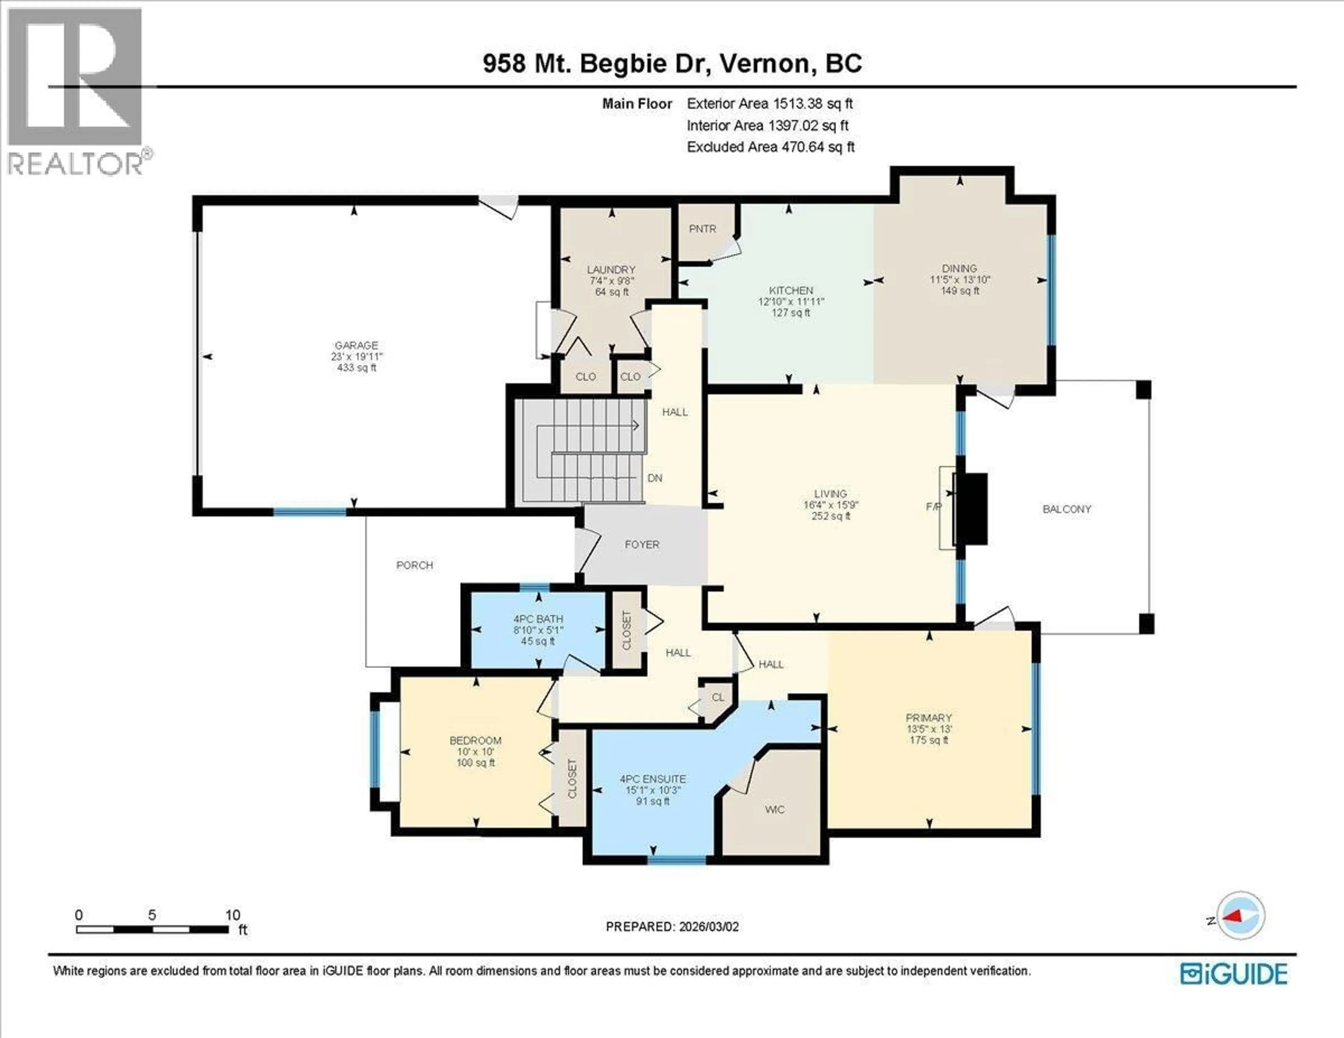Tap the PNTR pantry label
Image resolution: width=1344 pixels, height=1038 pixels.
702,229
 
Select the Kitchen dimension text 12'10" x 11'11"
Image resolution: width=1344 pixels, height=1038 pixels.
791,301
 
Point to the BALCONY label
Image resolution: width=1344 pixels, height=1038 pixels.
1066,509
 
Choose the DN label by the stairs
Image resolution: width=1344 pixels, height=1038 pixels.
655,478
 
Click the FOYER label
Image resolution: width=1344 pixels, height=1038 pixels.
642,545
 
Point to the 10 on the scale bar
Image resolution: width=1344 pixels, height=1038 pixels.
233,915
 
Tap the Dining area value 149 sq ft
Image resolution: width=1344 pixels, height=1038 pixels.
959,290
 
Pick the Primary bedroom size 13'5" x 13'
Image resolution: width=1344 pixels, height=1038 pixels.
929,729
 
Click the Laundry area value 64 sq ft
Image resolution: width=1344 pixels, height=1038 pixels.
611,292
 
